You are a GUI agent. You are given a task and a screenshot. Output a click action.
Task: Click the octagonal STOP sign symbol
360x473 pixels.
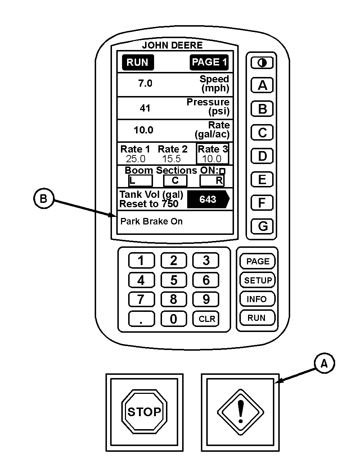click(144, 411)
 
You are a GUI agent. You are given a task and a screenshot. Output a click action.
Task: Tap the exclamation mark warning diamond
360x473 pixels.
click(240, 412)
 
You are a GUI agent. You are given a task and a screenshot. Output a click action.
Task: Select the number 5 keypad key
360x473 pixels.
click(174, 280)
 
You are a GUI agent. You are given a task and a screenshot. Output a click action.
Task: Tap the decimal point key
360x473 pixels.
click(141, 319)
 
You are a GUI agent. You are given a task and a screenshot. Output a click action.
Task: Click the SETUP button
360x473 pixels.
click(257, 280)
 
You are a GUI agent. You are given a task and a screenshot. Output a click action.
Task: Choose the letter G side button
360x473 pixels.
click(262, 226)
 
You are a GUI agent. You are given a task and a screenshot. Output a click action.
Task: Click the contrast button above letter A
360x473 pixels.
click(262, 63)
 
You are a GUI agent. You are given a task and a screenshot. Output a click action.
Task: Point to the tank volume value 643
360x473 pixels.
click(208, 199)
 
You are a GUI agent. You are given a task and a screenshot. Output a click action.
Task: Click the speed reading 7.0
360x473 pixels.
click(145, 83)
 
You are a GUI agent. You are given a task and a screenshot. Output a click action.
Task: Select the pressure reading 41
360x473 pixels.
click(145, 108)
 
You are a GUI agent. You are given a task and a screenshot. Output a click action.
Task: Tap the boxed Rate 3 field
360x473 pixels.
click(213, 154)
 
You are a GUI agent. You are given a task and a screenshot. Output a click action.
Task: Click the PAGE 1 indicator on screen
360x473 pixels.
click(209, 62)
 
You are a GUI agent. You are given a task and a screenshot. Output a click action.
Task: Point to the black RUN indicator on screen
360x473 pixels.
click(138, 62)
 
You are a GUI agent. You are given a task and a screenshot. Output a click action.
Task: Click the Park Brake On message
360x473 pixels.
click(152, 221)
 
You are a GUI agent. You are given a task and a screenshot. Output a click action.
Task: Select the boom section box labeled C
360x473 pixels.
click(175, 181)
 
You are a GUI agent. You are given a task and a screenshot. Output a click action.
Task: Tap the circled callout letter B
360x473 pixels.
click(44, 199)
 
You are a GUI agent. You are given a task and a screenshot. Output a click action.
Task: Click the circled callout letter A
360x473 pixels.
click(324, 363)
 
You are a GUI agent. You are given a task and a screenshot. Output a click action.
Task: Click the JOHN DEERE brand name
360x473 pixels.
click(172, 45)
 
